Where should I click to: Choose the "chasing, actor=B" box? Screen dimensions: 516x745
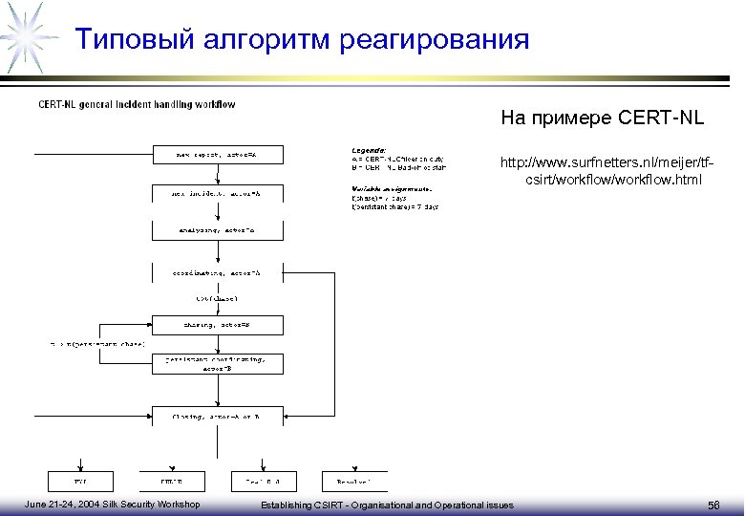point(216,325)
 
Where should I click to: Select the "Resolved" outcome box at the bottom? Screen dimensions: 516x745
point(354,481)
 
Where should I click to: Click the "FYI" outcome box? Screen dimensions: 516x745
point(80,481)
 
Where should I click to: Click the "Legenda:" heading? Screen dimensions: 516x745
point(369,150)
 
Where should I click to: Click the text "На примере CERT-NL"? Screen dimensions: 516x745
point(602,119)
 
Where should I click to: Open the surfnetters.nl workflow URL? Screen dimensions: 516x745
point(601,171)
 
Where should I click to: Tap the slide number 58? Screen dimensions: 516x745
point(714,505)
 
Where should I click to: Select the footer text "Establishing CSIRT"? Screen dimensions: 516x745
point(304,505)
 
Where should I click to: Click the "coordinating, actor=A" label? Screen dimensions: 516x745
point(216,273)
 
